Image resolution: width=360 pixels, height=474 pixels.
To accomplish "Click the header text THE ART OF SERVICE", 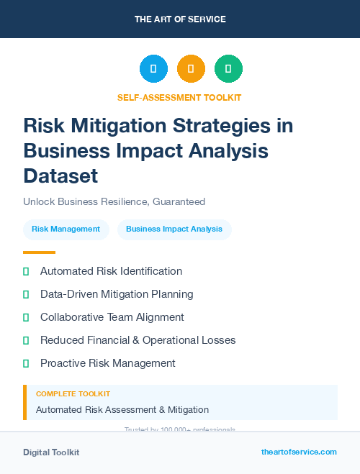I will [180, 19].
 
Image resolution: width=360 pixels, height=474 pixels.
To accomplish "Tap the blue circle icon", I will [153, 69].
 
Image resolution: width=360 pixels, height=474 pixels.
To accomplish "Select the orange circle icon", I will [191, 69].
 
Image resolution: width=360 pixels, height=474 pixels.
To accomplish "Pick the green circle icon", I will [228, 69].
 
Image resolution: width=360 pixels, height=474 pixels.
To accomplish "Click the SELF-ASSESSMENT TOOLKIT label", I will [179, 97].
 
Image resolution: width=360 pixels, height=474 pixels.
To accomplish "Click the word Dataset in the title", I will [60, 176].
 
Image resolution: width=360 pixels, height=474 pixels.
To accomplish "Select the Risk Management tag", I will [66, 229].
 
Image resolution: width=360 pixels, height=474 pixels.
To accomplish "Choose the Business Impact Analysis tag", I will [174, 229].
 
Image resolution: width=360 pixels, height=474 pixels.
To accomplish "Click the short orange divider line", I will [39, 252].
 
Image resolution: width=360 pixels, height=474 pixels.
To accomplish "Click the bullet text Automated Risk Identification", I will [111, 271].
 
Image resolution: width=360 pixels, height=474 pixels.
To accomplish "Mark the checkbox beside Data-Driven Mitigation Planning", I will [26, 294].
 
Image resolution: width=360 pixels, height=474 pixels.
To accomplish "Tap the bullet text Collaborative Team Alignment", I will [112, 317].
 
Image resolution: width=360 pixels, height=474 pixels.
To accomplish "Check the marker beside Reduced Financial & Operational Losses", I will [26, 340].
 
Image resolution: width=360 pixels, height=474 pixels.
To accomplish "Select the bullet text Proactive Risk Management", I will [108, 363].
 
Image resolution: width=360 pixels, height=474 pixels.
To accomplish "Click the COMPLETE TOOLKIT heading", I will [73, 394].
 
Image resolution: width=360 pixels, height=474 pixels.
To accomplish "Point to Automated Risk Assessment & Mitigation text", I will [122, 410].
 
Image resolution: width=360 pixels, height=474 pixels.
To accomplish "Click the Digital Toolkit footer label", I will [51, 452].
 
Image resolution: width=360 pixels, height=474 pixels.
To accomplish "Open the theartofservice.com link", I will [299, 452].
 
